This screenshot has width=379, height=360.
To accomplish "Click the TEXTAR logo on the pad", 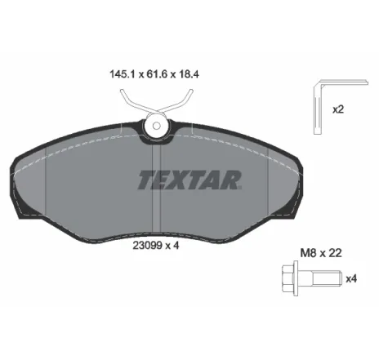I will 189,177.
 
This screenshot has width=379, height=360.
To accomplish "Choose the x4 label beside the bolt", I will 351,280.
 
